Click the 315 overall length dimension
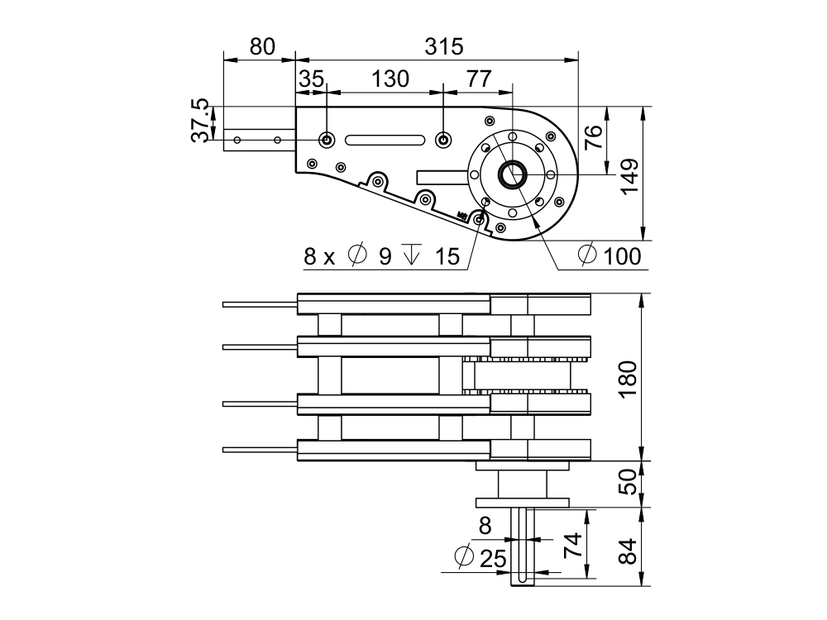click(444, 47)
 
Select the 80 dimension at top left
click(261, 47)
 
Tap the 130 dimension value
click(390, 79)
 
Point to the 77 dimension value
click(479, 79)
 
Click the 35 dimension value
click(312, 79)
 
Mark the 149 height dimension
click(631, 174)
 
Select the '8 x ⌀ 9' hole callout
click(348, 256)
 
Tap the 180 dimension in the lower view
click(629, 379)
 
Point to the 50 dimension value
click(629, 483)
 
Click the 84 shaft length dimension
click(629, 551)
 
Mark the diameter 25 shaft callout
click(481, 558)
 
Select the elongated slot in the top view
click(384, 140)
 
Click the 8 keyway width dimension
click(485, 525)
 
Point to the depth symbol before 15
click(410, 256)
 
